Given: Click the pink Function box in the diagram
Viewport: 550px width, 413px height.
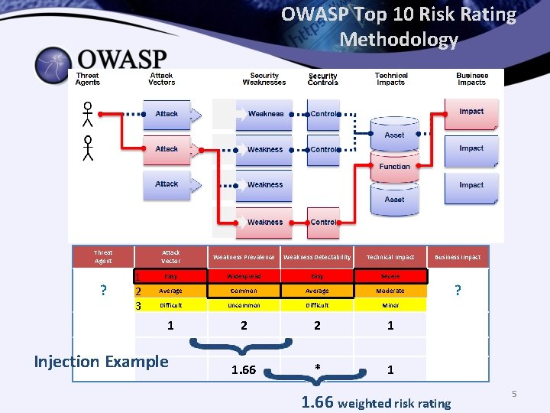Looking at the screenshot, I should tap(394, 167).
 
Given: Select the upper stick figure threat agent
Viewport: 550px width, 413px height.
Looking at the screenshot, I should tap(88, 114).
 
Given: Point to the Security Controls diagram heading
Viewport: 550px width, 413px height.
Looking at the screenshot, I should tap(323, 79).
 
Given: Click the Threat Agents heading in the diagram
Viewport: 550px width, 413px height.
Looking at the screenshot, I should tap(88, 79).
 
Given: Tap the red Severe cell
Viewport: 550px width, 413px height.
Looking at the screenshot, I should tap(390, 276).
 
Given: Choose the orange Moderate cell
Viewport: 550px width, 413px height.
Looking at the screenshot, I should tap(390, 291).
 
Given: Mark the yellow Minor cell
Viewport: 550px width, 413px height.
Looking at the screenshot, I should tap(390, 305).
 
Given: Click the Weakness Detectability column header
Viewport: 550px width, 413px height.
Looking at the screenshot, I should tap(317, 257).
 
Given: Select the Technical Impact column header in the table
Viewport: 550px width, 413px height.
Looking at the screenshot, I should tap(390, 257).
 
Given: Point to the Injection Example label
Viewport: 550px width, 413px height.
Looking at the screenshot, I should tap(101, 361).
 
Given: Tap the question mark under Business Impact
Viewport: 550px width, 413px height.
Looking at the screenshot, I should tap(458, 291).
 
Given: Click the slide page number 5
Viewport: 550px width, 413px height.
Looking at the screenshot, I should tap(514, 393).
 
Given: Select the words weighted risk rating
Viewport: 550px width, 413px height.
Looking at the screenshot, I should tap(394, 403).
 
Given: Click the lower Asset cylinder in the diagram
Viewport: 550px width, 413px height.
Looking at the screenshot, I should tap(394, 200).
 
